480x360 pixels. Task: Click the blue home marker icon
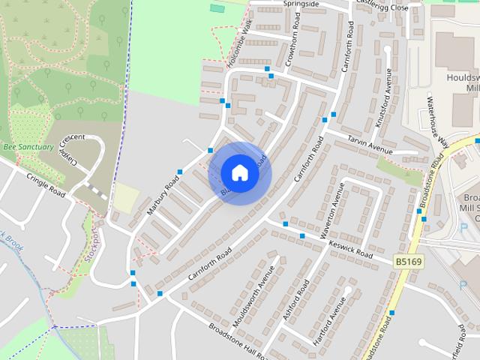coord(239,172)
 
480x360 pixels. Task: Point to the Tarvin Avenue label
coord(369,145)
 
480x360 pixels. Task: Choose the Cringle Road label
coord(46,184)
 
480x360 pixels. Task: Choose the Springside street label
coord(301,4)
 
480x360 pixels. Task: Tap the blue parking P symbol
coord(460,286)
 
